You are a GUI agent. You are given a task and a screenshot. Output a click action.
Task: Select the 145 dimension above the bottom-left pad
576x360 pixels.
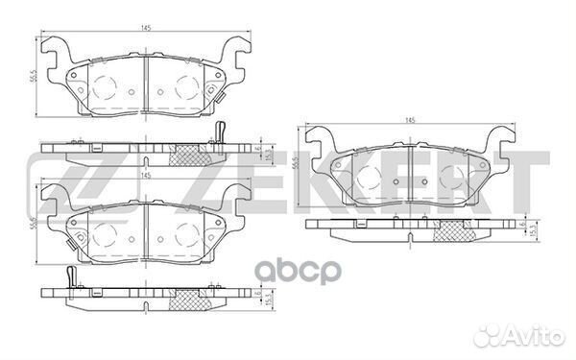coord(144,176)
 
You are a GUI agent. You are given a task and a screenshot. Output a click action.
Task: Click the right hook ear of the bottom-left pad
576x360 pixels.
coord(232,197)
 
